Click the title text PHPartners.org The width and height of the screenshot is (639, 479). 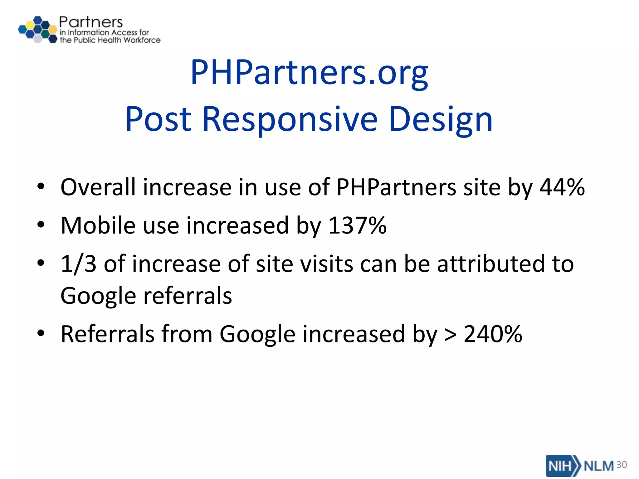point(309,73)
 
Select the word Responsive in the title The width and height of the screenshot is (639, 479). point(290,119)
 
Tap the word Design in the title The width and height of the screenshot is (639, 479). point(441,119)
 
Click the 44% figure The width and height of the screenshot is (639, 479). point(562,187)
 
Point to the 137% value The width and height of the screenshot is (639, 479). point(358,225)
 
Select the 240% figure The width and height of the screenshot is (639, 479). point(493,334)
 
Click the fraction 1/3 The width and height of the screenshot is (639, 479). point(78,264)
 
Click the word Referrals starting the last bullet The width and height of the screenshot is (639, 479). point(108,334)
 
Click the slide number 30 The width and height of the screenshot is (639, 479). point(622,465)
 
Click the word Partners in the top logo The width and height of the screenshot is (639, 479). point(91,22)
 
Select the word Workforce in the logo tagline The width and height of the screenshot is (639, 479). point(142,40)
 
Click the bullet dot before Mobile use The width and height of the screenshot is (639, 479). point(41,225)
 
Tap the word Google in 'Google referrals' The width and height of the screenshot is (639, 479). point(98,296)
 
